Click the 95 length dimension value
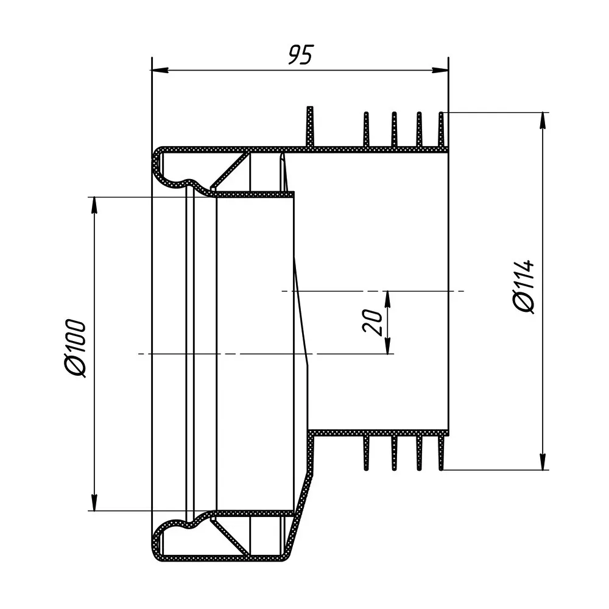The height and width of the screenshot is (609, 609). [300, 55]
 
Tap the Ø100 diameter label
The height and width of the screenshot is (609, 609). [76, 348]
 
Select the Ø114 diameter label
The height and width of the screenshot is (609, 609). [524, 287]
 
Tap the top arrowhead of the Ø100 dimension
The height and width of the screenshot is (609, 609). [94, 206]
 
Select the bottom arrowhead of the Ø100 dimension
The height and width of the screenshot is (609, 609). [94, 502]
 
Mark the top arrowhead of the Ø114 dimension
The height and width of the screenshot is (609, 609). [543, 121]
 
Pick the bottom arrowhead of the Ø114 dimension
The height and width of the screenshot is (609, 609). [543, 462]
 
